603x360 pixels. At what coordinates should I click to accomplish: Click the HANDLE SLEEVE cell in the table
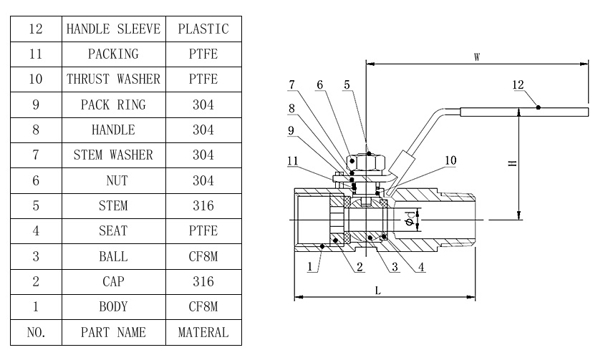point(113,29)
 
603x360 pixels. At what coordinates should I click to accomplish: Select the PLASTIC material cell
point(203,29)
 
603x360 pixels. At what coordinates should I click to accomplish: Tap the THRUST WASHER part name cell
point(113,79)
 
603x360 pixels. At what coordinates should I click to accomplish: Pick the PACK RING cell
point(113,104)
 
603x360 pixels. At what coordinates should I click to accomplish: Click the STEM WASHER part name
point(113,155)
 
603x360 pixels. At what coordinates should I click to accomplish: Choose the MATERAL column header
point(203,332)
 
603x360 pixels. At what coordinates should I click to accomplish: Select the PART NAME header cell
point(113,332)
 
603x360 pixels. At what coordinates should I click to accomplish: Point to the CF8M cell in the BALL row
point(203,256)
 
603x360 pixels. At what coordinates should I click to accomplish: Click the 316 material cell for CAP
point(203,281)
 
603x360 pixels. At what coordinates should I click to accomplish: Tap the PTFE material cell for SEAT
point(203,231)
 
